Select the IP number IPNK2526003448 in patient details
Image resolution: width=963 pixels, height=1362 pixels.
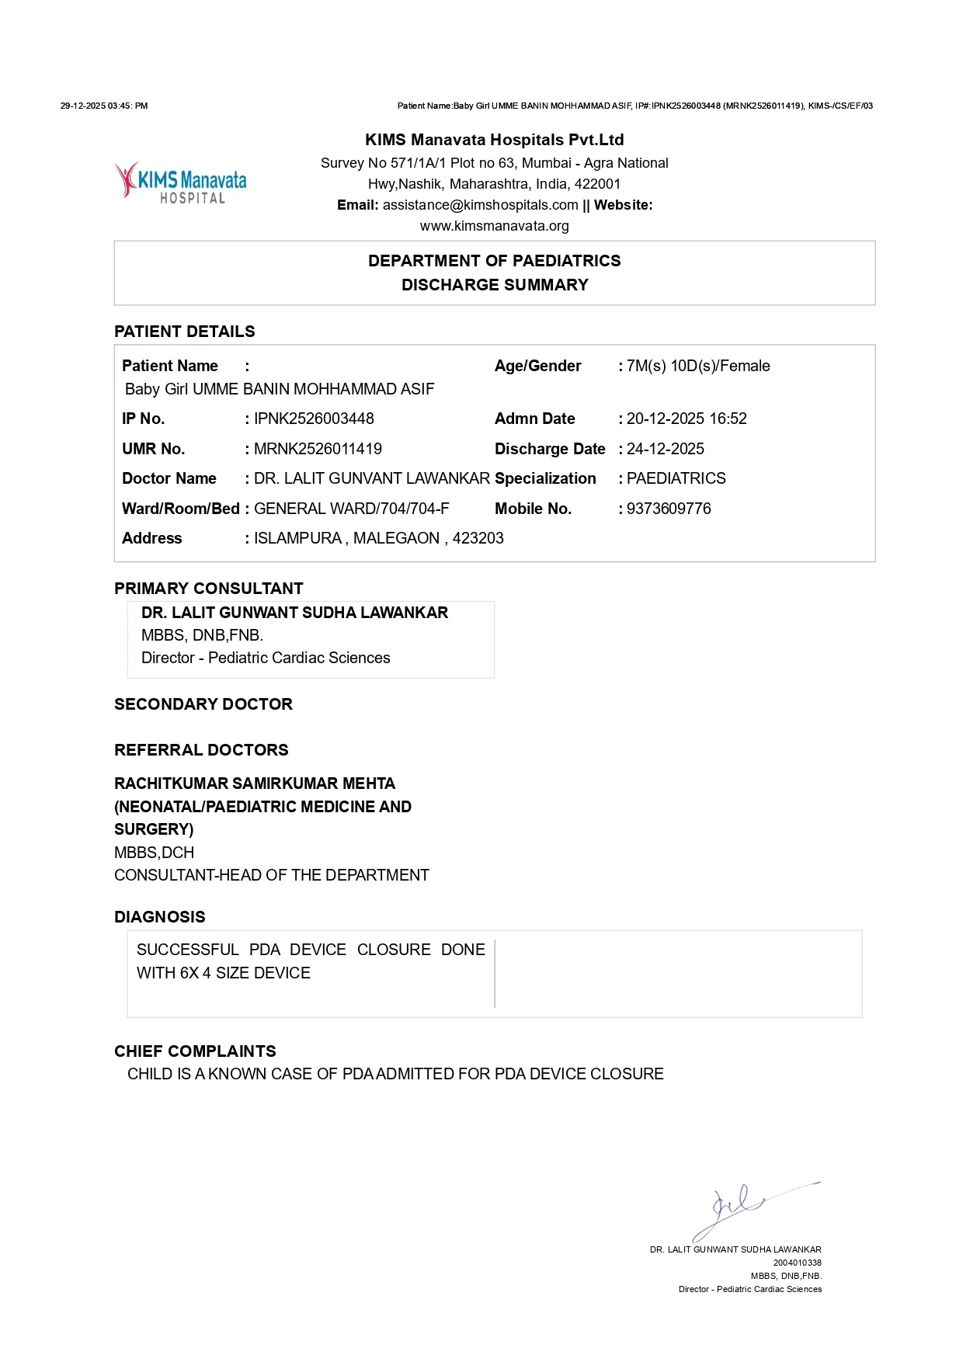pyautogui.click(x=314, y=419)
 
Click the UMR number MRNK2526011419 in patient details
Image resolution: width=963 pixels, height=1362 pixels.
pyautogui.click(x=318, y=449)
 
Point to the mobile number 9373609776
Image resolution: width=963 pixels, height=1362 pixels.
pyautogui.click(x=669, y=509)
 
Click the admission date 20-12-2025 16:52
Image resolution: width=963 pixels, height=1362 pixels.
pyautogui.click(x=687, y=419)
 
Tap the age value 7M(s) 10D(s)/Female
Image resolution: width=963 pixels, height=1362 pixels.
pyautogui.click(x=698, y=366)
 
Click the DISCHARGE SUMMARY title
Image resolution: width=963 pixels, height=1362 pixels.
pyautogui.click(x=495, y=285)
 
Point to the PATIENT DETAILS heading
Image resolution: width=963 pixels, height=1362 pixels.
pyautogui.click(x=185, y=332)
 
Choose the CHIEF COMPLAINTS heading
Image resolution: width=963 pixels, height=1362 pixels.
pyautogui.click(x=195, y=1051)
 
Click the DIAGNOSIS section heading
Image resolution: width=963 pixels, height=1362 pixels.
pyautogui.click(x=160, y=917)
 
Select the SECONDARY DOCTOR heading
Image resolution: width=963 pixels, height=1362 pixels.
pyautogui.click(x=203, y=704)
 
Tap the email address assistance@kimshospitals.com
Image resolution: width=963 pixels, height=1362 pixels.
pyautogui.click(x=480, y=205)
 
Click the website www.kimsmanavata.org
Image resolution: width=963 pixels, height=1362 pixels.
pyautogui.click(x=495, y=226)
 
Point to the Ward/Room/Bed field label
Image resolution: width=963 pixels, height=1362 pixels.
pyautogui.click(x=180, y=509)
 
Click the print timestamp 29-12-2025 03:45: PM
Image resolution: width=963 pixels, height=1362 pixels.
pyautogui.click(x=104, y=106)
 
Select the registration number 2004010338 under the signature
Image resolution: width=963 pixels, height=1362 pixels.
pyautogui.click(x=797, y=1263)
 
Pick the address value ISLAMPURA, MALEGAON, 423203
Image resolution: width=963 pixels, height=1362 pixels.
pyautogui.click(x=379, y=538)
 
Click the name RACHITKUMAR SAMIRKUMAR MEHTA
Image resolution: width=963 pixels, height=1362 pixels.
pyautogui.click(x=255, y=783)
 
